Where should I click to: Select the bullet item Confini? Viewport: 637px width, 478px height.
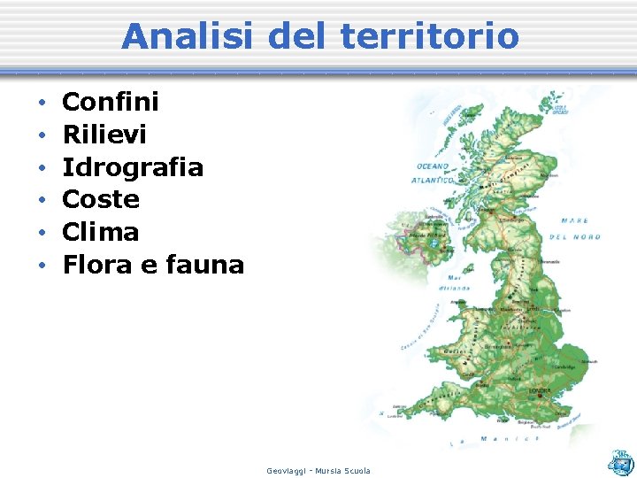click(111, 102)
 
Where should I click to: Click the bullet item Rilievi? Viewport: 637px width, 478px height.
click(104, 135)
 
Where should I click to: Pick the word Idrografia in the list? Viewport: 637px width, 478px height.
click(133, 167)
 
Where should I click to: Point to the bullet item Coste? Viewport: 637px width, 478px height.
click(101, 199)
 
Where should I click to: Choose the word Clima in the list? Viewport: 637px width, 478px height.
click(101, 232)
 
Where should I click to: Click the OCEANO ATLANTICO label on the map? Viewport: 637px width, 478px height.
click(433, 173)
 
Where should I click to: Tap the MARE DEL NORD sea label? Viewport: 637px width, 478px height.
click(575, 227)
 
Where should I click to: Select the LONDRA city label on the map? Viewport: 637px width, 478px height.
click(539, 389)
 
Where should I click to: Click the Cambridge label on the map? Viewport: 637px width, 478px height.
click(566, 366)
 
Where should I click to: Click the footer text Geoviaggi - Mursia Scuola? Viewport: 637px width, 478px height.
click(318, 470)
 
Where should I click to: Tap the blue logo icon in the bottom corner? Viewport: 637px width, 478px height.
click(620, 460)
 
